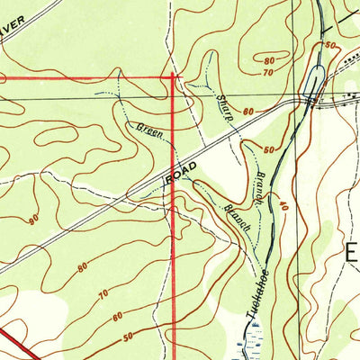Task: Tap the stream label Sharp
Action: pyautogui.click(x=224, y=106)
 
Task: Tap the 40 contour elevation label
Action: pyautogui.click(x=282, y=206)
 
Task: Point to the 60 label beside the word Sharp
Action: pyautogui.click(x=248, y=111)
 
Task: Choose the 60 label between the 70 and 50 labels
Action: pyautogui.click(x=119, y=316)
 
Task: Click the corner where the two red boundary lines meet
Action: pyautogui.click(x=172, y=76)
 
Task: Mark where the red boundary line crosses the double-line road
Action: pyautogui.click(x=173, y=169)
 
